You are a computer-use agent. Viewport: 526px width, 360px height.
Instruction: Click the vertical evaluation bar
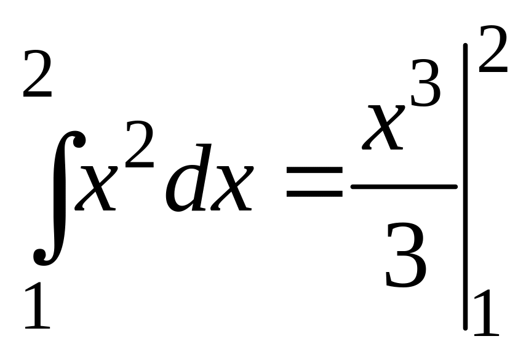(x=466, y=185)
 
